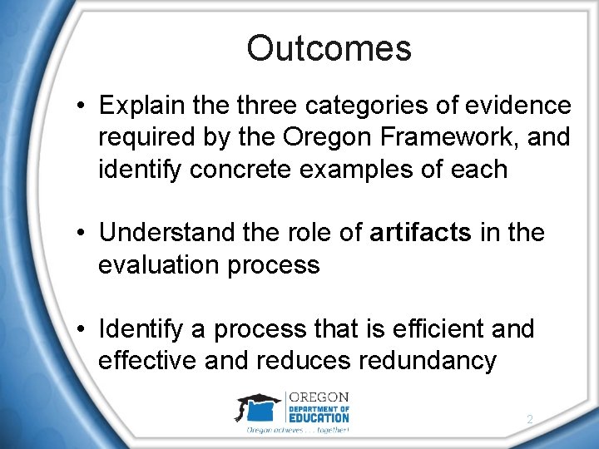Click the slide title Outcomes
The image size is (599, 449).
point(329,48)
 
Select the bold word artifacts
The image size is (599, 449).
point(419,233)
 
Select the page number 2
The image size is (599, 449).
point(529,421)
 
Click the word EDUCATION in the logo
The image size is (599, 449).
point(319,418)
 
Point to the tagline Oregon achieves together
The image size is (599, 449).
point(297,430)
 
